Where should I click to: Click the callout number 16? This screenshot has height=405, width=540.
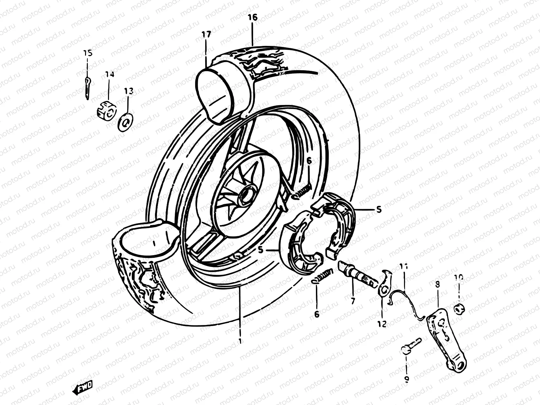point(252,18)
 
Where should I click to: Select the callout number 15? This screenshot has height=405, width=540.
point(88,53)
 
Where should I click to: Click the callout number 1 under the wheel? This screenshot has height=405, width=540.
point(240,341)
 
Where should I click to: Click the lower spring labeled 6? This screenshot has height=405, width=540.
point(323,275)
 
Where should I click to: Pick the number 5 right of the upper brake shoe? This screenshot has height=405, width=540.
point(379,210)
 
